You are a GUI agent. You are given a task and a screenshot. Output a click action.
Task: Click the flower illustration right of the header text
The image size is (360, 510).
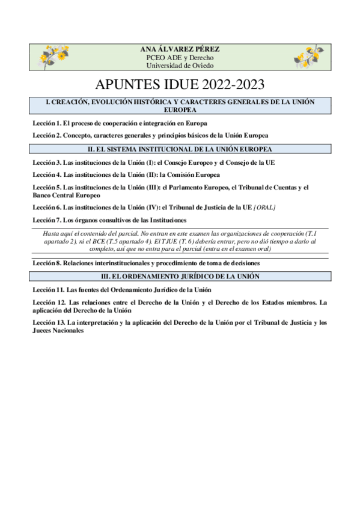pyautogui.click(x=309, y=56)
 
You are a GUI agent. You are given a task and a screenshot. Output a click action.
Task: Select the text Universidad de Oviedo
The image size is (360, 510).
pyautogui.click(x=180, y=66)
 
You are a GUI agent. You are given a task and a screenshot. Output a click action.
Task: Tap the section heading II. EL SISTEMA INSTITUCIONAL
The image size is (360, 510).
pyautogui.click(x=180, y=149)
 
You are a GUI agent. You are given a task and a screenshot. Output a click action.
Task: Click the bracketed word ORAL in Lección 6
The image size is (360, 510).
pyautogui.click(x=265, y=207)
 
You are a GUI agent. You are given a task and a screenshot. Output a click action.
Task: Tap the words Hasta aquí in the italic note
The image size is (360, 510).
pyautogui.click(x=58, y=233)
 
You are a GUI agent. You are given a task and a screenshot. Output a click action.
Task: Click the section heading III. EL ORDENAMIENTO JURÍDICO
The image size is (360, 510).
pyautogui.click(x=180, y=276)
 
